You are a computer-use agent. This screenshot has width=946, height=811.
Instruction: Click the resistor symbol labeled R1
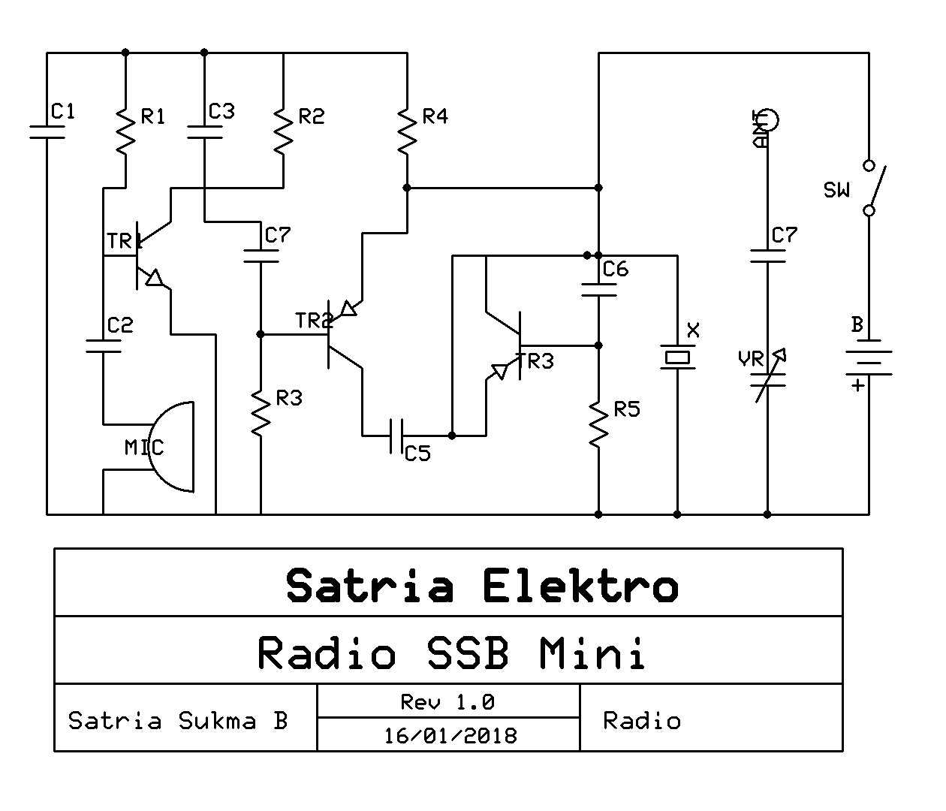125,131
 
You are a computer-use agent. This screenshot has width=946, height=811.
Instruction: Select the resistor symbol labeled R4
406,131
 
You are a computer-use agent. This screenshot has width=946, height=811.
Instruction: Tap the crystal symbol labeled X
677,357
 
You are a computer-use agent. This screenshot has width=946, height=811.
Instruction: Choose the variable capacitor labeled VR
768,375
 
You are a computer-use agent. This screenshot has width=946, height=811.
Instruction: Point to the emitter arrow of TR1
154,279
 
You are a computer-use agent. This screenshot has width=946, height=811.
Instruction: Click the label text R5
626,410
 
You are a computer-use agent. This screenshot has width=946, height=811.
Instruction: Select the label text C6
615,269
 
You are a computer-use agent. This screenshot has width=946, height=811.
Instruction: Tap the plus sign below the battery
857,386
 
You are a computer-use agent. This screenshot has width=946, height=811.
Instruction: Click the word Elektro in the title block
580,586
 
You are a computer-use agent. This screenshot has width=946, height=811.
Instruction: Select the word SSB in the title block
467,653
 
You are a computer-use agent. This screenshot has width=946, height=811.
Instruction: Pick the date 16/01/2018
450,735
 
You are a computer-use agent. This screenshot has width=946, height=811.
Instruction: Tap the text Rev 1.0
447,703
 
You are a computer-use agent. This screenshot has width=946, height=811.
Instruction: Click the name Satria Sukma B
178,721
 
